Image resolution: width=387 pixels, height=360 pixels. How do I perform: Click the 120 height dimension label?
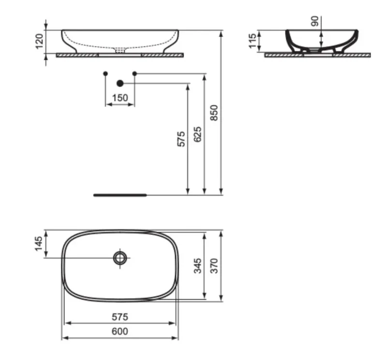[40, 41]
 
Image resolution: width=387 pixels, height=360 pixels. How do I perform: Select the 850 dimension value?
[214, 113]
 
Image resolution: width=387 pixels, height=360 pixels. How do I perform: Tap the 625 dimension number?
[197, 134]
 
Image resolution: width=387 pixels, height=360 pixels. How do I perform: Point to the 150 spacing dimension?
[120, 98]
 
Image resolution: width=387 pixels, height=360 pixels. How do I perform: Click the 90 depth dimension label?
[315, 21]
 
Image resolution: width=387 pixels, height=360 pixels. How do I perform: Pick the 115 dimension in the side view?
[253, 41]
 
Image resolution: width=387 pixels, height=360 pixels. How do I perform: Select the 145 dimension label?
[39, 244]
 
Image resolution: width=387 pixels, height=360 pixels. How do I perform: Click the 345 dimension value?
[197, 266]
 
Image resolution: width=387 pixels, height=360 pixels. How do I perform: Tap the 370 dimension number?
[214, 266]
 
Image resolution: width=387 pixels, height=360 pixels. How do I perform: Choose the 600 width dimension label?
[120, 331]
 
